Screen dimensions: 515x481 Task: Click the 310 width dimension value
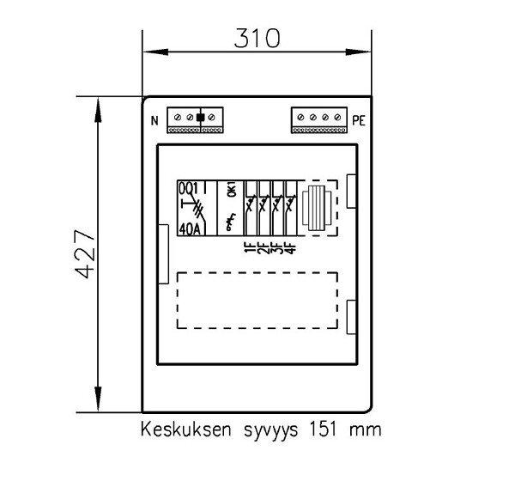pos(257,38)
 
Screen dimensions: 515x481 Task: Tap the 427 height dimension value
pos(85,254)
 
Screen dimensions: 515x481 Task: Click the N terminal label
pos(154,120)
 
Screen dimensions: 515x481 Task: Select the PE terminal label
pos(359,120)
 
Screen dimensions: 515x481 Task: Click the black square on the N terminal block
pos(200,118)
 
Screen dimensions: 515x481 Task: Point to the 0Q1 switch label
pos(189,189)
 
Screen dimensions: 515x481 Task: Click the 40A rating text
pos(190,229)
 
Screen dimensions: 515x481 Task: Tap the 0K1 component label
pos(232,192)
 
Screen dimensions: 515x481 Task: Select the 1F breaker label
pos(250,247)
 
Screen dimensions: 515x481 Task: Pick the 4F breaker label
pos(290,247)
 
